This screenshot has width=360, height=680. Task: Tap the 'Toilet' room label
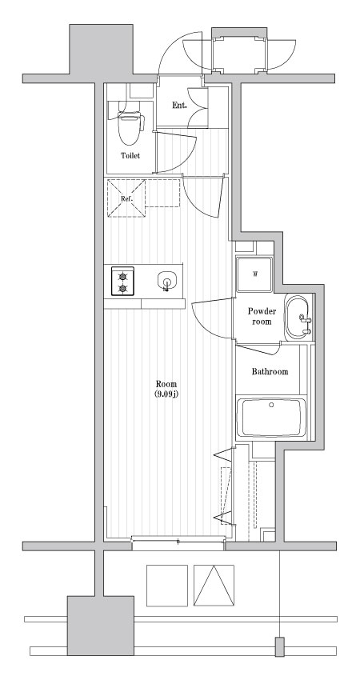pos(130,156)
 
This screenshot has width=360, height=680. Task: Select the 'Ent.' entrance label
pos(179,106)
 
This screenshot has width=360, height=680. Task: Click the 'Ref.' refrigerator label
pos(126,198)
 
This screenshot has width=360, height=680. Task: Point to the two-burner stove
pos(122,282)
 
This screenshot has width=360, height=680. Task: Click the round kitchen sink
pos(166,281)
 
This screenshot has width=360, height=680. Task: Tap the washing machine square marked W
pos(254,274)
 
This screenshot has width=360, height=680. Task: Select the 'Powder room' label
pos(262,316)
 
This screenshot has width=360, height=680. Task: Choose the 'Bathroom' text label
pos(270,372)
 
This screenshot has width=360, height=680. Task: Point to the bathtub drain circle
pos(271,405)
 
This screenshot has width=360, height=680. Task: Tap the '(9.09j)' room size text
pos(166,394)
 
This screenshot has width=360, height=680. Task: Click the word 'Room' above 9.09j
pos(166,384)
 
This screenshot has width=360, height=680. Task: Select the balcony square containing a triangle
pos(214,586)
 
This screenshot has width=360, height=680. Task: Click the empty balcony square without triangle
pos(167,586)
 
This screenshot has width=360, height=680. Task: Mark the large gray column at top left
pos(101,50)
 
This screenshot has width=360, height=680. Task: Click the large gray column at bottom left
pos(100,626)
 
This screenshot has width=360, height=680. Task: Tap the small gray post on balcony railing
pos(280,646)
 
